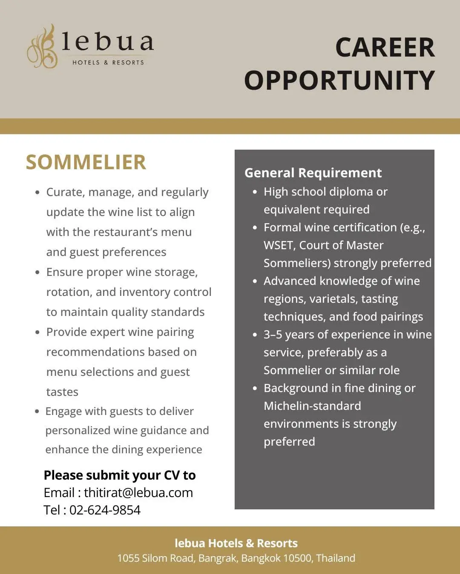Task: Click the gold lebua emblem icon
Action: (43, 47)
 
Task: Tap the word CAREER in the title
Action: (385, 47)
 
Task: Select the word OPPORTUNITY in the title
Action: (339, 80)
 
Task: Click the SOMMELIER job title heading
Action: (86, 162)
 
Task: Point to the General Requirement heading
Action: (313, 173)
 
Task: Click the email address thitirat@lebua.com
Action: (138, 492)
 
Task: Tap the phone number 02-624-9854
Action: (105, 510)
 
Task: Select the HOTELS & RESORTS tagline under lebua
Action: (108, 63)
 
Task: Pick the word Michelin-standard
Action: (312, 406)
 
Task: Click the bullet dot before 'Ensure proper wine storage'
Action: (37, 272)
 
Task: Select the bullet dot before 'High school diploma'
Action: (255, 192)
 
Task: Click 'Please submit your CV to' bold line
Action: (120, 475)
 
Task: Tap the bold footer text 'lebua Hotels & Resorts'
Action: (236, 543)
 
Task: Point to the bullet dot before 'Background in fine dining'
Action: (255, 388)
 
